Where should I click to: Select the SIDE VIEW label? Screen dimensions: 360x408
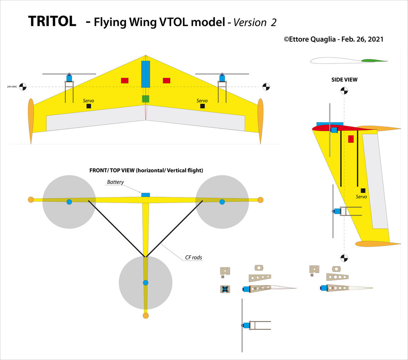click(x=344, y=79)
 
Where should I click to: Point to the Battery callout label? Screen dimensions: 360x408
click(x=115, y=182)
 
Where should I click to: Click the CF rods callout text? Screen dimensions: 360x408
click(x=194, y=258)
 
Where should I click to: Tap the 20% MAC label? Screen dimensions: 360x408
click(x=12, y=86)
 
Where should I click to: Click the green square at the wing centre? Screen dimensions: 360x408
click(x=145, y=99)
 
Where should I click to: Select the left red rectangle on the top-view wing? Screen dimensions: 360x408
click(x=125, y=81)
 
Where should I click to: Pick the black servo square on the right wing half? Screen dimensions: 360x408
click(x=203, y=106)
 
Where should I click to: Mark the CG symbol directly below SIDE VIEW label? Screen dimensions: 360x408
click(x=345, y=90)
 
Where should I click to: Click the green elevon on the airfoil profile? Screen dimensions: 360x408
click(x=372, y=60)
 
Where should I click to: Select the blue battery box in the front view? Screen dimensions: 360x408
click(x=145, y=194)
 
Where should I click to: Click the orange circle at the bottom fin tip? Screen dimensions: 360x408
click(x=145, y=316)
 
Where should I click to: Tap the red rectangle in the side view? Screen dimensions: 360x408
click(x=351, y=139)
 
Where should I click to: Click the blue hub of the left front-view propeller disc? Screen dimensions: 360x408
click(x=69, y=202)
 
